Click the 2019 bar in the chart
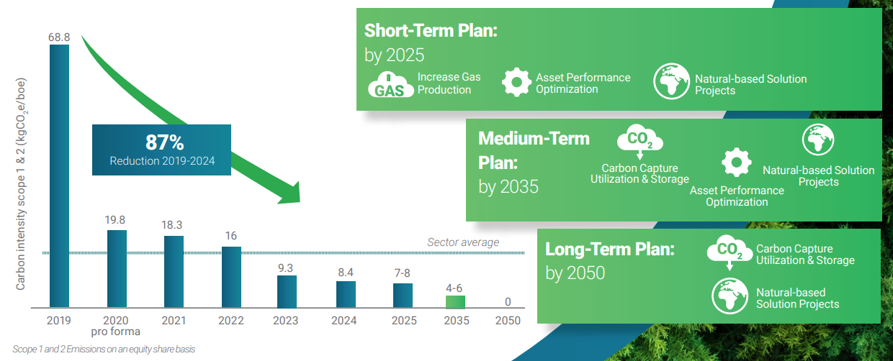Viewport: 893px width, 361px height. [x=59, y=176]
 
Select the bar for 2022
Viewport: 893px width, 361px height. [x=231, y=277]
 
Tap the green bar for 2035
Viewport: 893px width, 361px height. [x=455, y=302]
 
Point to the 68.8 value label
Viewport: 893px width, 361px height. [x=59, y=37]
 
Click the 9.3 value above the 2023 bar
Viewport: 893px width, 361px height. [x=285, y=268]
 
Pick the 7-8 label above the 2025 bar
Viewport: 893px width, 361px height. [x=403, y=273]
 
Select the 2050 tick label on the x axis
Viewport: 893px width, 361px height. [x=508, y=321]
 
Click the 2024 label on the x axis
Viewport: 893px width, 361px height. [x=344, y=321]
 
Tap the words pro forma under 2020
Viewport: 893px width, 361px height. [x=116, y=332]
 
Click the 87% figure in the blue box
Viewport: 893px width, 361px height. [x=165, y=142]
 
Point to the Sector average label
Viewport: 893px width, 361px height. [x=463, y=242]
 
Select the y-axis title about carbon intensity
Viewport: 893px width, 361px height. [x=21, y=184]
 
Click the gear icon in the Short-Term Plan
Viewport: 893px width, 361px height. [x=516, y=83]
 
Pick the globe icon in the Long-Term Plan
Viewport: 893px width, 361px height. [x=730, y=296]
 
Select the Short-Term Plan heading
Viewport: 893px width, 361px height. [x=431, y=31]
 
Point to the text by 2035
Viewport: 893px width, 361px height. [x=508, y=187]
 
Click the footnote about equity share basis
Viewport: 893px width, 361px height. [x=104, y=349]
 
